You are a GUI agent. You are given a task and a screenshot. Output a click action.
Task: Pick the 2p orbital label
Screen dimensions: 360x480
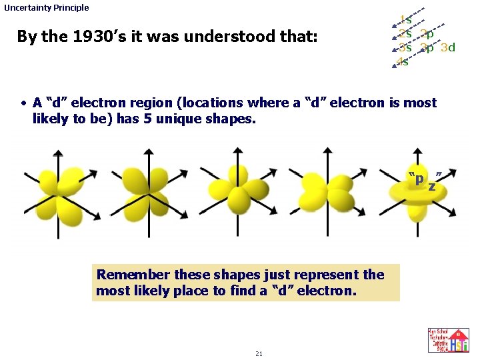click(x=427, y=34)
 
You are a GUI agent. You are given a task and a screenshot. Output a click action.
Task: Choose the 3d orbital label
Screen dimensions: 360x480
click(x=448, y=48)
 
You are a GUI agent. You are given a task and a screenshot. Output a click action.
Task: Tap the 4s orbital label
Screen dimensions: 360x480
click(x=403, y=62)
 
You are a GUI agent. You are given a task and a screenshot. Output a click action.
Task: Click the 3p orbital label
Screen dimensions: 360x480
click(x=427, y=48)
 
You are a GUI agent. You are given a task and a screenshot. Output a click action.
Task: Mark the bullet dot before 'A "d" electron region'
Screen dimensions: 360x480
click(x=23, y=103)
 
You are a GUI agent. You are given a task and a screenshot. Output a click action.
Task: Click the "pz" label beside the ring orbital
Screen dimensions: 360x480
click(x=426, y=180)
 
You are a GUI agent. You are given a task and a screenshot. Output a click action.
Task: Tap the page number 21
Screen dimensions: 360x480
click(x=259, y=353)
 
